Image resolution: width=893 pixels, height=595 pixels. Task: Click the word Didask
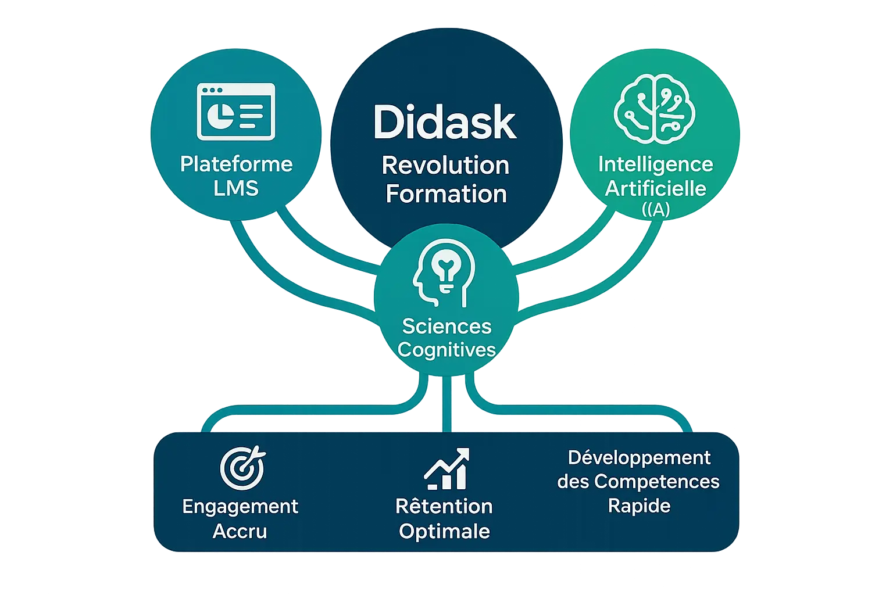pyautogui.click(x=445, y=122)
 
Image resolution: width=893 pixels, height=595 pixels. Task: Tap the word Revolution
pyautogui.click(x=445, y=166)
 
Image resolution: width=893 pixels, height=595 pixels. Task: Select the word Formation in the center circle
pyautogui.click(x=446, y=193)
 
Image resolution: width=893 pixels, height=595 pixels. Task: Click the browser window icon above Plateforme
pyautogui.click(x=236, y=112)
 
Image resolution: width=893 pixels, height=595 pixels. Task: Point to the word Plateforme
pyautogui.click(x=236, y=164)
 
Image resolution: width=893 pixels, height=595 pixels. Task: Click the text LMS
pyautogui.click(x=236, y=188)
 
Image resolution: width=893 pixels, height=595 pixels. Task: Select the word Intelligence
pyautogui.click(x=655, y=164)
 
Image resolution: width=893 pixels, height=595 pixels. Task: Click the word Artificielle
pyautogui.click(x=655, y=188)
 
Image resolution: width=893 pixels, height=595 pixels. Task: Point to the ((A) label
pyautogui.click(x=656, y=209)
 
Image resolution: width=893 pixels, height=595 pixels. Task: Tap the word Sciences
pyautogui.click(x=446, y=326)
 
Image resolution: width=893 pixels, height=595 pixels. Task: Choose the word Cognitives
pyautogui.click(x=446, y=350)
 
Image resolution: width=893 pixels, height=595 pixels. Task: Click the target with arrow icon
pyautogui.click(x=242, y=468)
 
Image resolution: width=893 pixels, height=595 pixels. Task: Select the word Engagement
pyautogui.click(x=240, y=507)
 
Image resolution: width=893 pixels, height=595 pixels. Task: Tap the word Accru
pyautogui.click(x=240, y=531)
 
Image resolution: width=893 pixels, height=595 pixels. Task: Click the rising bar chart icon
pyautogui.click(x=446, y=468)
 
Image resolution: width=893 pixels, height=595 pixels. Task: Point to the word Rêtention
pyautogui.click(x=444, y=506)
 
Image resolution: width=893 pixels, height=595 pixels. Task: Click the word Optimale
pyautogui.click(x=444, y=531)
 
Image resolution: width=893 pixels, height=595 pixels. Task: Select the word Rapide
pyautogui.click(x=639, y=506)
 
